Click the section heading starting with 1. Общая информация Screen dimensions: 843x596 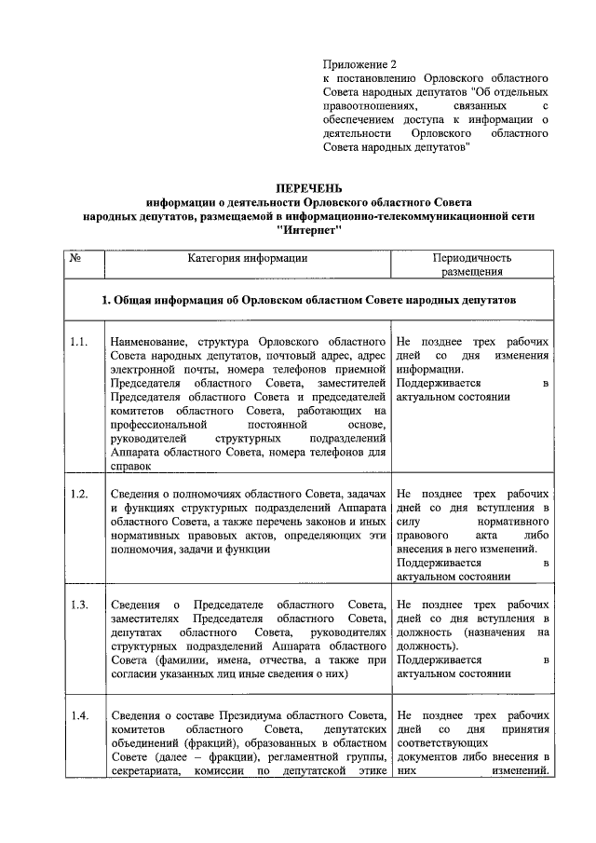click(308, 302)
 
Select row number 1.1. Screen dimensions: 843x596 click(79, 341)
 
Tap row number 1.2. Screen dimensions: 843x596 click(79, 494)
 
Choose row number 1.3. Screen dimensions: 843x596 click(79, 605)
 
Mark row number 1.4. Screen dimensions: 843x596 click(79, 715)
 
